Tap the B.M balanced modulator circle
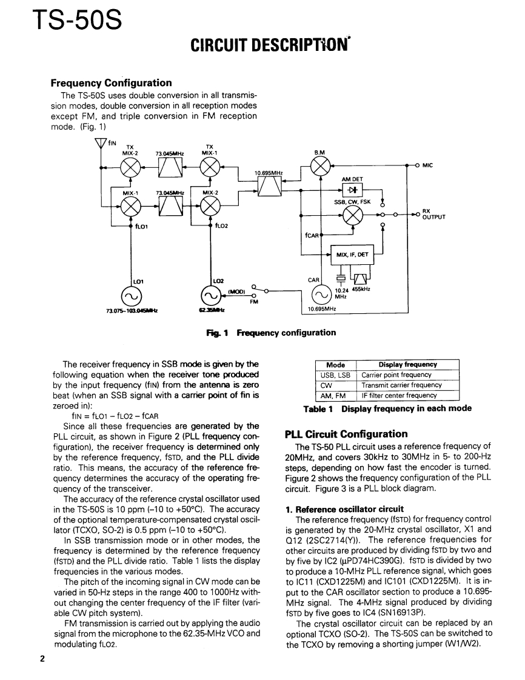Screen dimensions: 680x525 (x=319, y=165)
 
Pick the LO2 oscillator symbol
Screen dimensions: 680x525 (x=210, y=296)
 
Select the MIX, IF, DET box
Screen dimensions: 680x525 (x=352, y=255)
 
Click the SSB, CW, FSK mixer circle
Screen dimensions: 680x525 (x=351, y=215)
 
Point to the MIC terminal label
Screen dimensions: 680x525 (x=428, y=165)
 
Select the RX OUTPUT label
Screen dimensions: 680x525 (x=433, y=216)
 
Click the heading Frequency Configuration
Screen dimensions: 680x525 (x=111, y=83)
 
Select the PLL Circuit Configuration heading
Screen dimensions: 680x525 (x=346, y=434)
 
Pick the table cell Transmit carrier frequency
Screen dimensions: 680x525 (x=402, y=385)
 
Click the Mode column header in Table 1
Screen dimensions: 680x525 (x=335, y=365)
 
